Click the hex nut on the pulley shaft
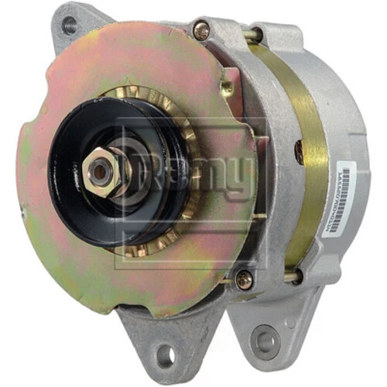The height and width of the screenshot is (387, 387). tap(101, 172)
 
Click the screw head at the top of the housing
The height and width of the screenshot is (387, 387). tap(201, 31)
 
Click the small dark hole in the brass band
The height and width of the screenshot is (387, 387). tap(299, 151)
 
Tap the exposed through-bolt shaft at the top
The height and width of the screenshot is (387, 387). tap(249, 35)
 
